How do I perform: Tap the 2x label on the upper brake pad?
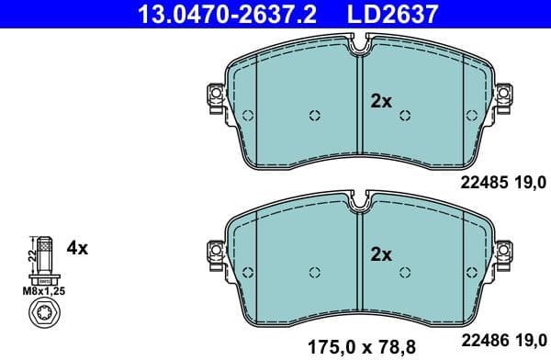pos(380,102)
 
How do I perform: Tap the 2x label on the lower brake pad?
pos(380,254)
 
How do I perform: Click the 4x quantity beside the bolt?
pos(77,248)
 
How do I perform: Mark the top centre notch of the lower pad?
pos(360,199)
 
